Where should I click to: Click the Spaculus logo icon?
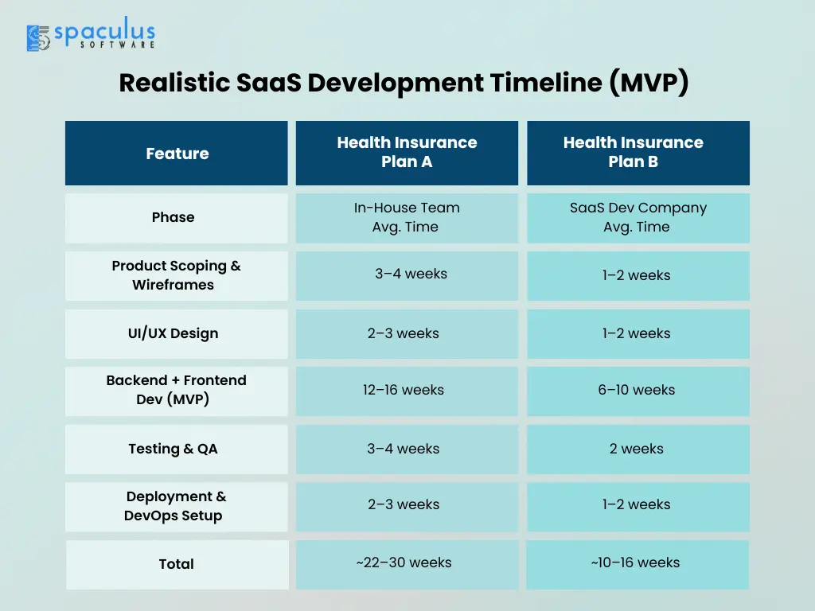pos(38,38)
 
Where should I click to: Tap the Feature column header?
pos(177,154)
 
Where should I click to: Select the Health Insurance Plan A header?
pos(407,154)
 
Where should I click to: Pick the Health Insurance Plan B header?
pos(638,154)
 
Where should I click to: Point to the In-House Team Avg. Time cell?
pos(407,218)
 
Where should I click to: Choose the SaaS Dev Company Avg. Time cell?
pos(638,218)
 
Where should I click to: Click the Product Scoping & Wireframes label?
pos(177,276)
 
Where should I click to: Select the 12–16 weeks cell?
pos(407,391)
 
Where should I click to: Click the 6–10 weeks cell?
pos(638,391)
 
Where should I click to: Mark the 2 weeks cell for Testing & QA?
pos(638,449)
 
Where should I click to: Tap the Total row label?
pos(177,565)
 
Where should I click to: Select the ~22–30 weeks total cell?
pos(407,565)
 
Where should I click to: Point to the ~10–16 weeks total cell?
pos(638,565)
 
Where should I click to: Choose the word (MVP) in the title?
pos(649,83)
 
